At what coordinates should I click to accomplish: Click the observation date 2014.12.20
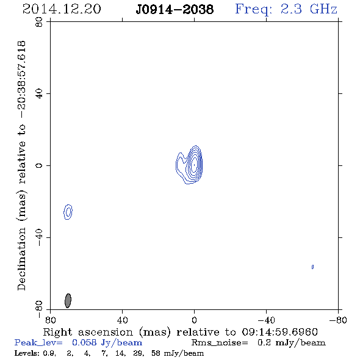point(62,9)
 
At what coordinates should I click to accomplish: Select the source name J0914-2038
point(175,10)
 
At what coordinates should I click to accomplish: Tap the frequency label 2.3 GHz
point(309,9)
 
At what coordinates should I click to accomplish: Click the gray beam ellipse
point(68,301)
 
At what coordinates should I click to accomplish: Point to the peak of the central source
point(195,165)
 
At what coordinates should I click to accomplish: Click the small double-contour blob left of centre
point(68,212)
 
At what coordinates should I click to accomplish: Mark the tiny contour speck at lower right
point(312,267)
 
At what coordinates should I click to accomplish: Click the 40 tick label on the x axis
point(123,320)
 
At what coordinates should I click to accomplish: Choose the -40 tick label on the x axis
point(266,320)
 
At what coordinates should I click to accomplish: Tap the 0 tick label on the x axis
point(194,320)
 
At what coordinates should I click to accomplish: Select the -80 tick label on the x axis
point(338,320)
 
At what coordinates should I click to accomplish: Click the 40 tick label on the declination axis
point(39,94)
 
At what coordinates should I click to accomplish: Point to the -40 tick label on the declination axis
point(39,237)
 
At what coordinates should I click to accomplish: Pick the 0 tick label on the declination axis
point(39,165)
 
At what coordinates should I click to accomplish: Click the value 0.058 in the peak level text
point(84,342)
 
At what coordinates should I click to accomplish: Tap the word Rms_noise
point(220,343)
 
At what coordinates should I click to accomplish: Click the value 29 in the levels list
point(137,353)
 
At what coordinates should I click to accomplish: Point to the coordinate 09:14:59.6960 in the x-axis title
point(279,332)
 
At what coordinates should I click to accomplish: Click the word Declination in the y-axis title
point(21,259)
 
